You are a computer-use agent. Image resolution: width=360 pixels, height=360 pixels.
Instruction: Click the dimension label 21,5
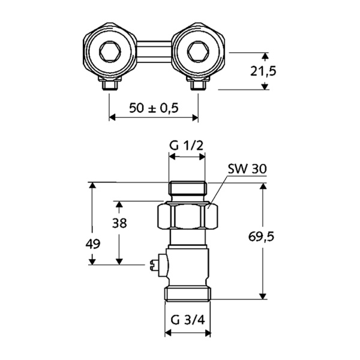tap(263, 71)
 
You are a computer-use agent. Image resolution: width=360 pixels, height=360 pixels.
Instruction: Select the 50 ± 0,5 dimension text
tap(154, 108)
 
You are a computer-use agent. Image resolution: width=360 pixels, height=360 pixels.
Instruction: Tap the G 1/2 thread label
tap(185, 146)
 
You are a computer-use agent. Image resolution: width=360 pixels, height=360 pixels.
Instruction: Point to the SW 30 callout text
tap(247, 170)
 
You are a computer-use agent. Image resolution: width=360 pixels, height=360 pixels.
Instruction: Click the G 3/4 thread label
tap(187, 320)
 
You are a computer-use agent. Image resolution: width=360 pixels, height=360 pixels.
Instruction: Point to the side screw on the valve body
tap(157, 263)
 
